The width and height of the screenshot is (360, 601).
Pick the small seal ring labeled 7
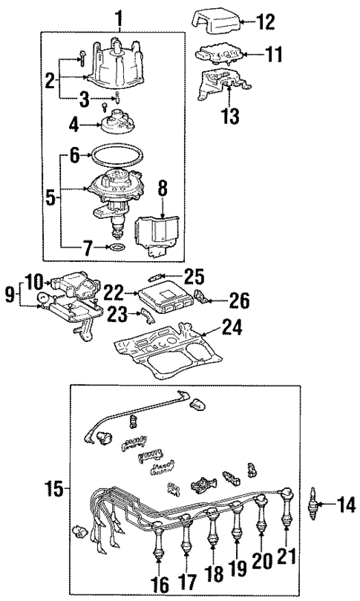coord(116,246)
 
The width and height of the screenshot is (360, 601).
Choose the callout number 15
coord(52,489)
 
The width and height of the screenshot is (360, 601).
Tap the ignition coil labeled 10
coord(69,285)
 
